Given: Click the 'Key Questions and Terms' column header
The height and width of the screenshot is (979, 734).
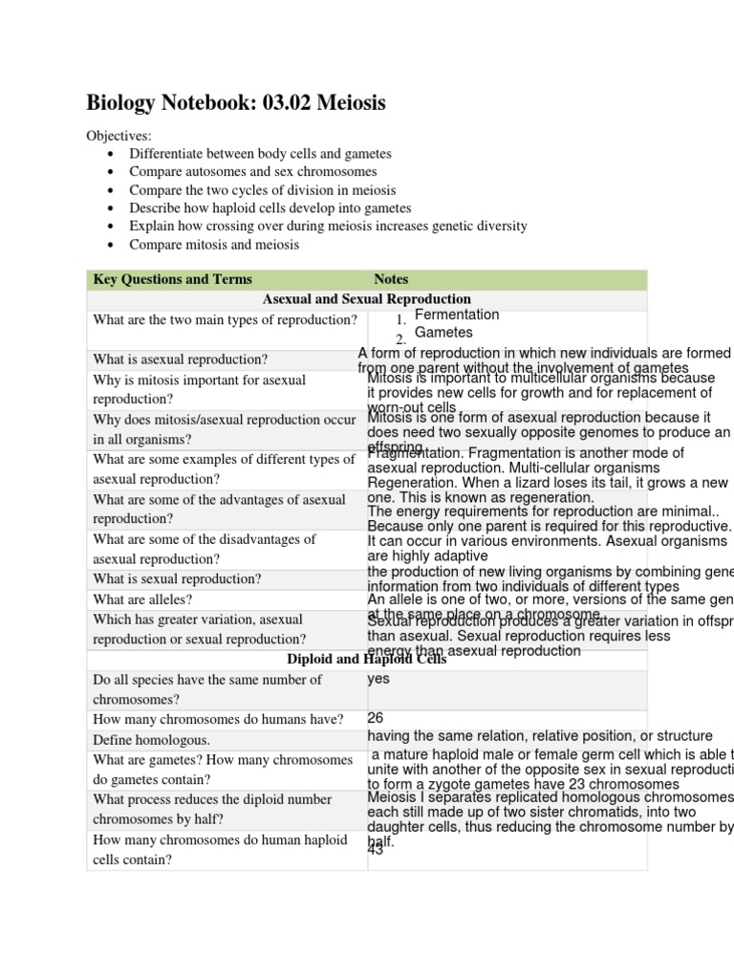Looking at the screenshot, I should point(173,279).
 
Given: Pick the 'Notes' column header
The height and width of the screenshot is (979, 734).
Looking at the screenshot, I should point(391,279).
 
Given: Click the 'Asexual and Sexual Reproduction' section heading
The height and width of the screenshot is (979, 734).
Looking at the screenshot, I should point(367,299).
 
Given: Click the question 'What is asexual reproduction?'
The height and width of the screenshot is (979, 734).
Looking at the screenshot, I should point(181,359).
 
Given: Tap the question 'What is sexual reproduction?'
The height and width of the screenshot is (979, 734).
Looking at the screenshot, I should point(177,578).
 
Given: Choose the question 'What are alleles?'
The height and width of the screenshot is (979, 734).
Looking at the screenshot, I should point(142,599).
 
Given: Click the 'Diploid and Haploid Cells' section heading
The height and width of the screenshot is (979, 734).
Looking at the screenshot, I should point(367,659).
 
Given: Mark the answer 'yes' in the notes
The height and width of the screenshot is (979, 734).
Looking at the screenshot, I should point(378,680).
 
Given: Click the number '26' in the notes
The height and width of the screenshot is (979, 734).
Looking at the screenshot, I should point(376,718).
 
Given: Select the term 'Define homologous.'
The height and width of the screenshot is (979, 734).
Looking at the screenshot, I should point(152,740).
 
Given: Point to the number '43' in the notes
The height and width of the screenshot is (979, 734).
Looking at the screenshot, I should point(375,850).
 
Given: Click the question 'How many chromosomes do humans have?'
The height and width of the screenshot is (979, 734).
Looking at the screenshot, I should point(218,719).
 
